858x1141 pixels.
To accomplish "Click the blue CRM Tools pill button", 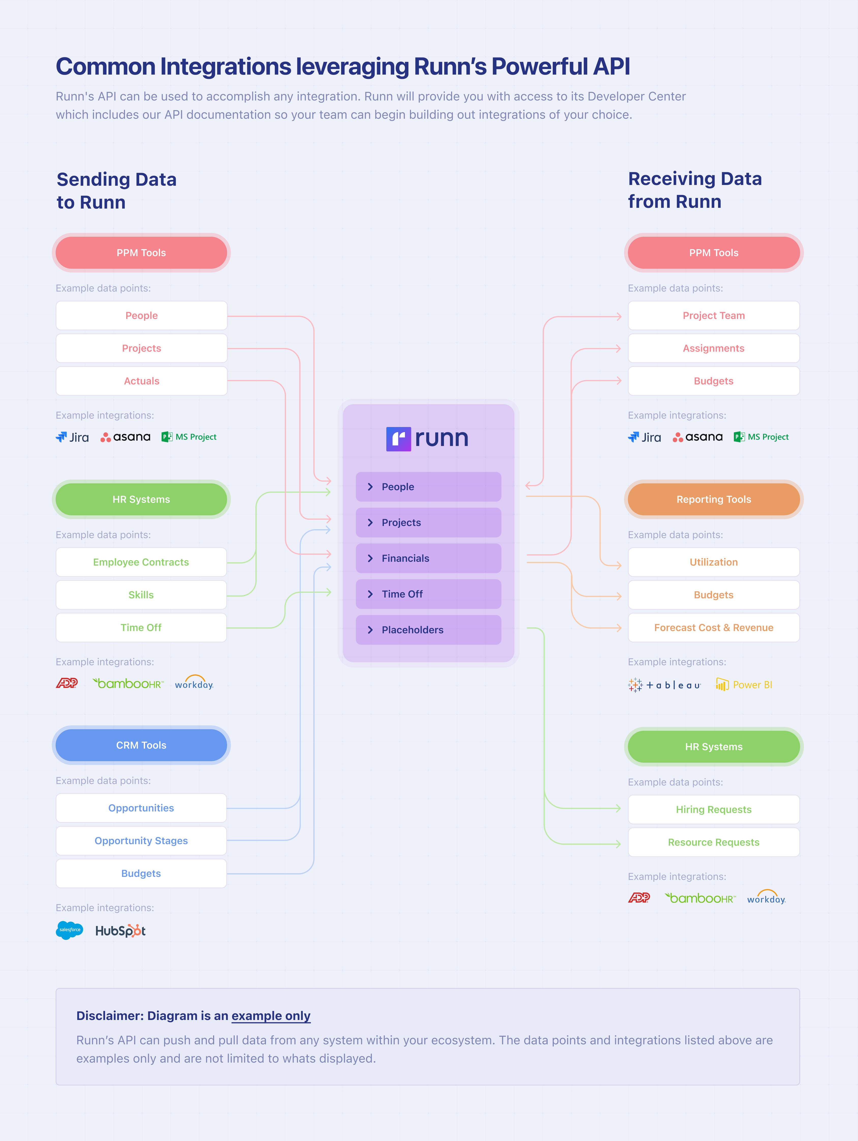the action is click(141, 745).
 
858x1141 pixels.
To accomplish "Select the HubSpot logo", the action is click(120, 931).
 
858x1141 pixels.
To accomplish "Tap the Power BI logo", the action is click(744, 685).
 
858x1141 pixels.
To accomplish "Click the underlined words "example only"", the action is click(271, 1016).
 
